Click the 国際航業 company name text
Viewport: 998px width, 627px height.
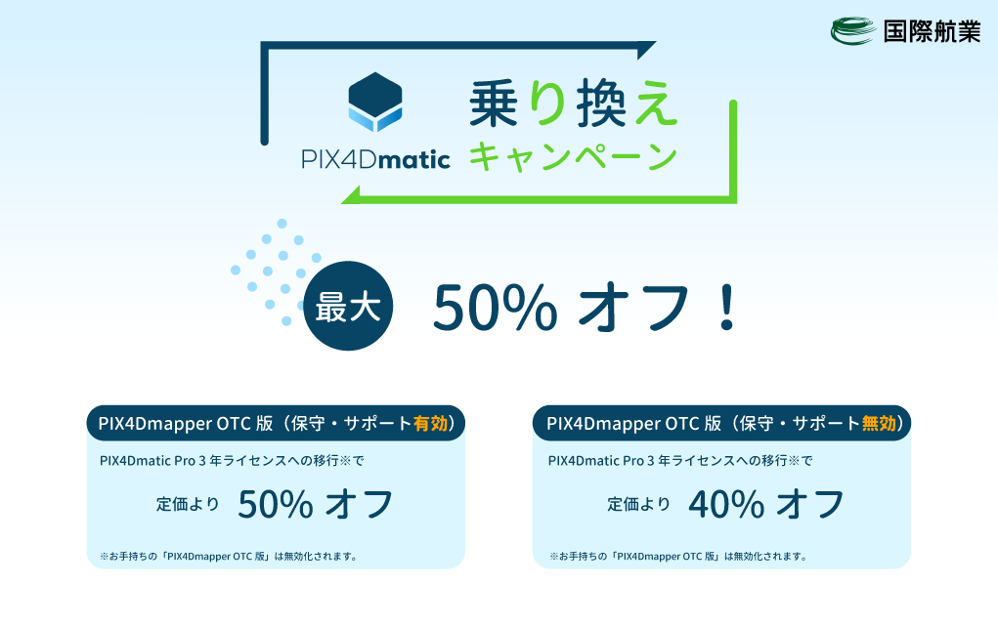tap(932, 31)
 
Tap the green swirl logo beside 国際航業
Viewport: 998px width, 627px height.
tap(853, 30)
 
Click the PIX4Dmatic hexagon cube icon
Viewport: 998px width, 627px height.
tap(375, 102)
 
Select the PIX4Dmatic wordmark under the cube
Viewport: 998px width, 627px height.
tap(375, 159)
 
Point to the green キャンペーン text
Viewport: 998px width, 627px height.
tap(573, 156)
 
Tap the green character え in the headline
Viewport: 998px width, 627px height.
tap(656, 104)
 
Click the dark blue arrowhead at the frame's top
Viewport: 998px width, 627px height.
tap(646, 50)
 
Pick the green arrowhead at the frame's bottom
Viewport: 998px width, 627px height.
tap(352, 195)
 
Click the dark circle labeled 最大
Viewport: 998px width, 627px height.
tap(348, 306)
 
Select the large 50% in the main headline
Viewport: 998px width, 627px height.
tap(496, 308)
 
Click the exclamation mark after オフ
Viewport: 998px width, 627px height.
tap(727, 308)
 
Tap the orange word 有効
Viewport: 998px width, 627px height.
tap(430, 424)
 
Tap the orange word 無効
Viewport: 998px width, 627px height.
tap(879, 424)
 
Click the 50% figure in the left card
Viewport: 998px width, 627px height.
tap(275, 505)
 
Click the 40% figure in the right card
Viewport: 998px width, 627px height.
tap(726, 505)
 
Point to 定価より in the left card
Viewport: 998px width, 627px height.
tap(188, 504)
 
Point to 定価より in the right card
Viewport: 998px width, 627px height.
tap(639, 504)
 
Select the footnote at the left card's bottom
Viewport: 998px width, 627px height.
tap(229, 557)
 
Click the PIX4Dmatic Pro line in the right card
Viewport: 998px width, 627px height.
tap(680, 460)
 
